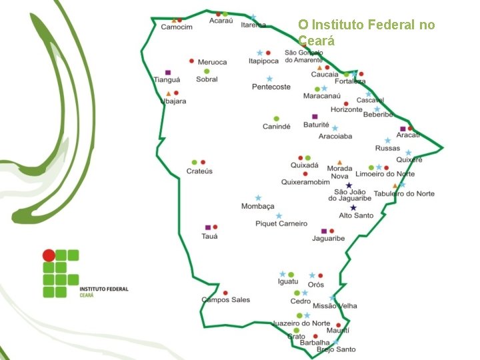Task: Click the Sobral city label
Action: pyautogui.click(x=207, y=79)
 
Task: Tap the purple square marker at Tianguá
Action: pyautogui.click(x=168, y=72)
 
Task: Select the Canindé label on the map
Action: pyautogui.click(x=276, y=127)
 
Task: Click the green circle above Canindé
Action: pyautogui.click(x=276, y=119)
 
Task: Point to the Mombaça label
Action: pyautogui.click(x=258, y=207)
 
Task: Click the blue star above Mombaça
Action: pyautogui.click(x=258, y=198)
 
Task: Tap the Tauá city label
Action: pyautogui.click(x=210, y=236)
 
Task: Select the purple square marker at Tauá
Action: pyautogui.click(x=208, y=227)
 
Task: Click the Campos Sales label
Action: pyautogui.click(x=226, y=300)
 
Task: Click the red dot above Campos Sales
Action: pyautogui.click(x=225, y=293)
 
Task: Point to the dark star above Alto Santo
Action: pyautogui.click(x=353, y=208)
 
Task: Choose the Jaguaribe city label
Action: pyautogui.click(x=328, y=239)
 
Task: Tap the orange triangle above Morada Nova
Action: pyautogui.click(x=340, y=162)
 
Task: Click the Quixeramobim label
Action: pyautogui.click(x=305, y=182)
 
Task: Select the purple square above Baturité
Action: pyautogui.click(x=315, y=117)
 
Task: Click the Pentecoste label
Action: pyautogui.click(x=271, y=87)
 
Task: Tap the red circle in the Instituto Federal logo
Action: pyautogui.click(x=49, y=255)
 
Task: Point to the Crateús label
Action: pyautogui.click(x=199, y=171)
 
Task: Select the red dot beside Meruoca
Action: pyautogui.click(x=192, y=61)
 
